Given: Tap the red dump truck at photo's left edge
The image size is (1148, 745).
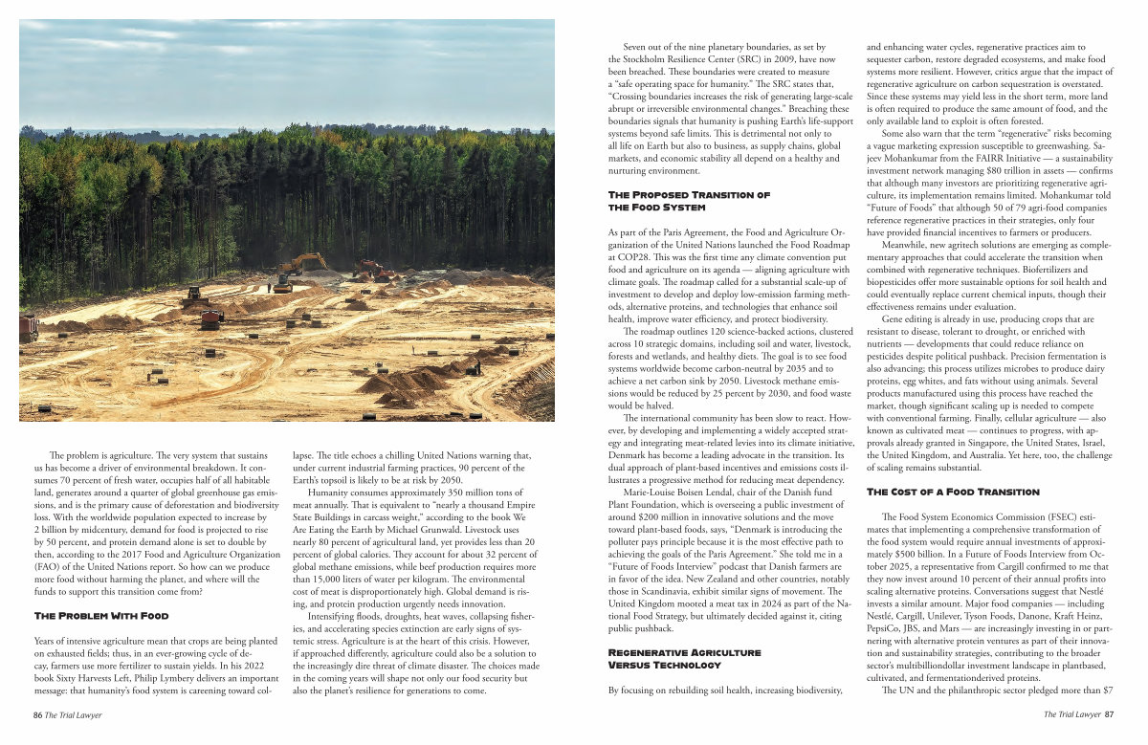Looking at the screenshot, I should [x=28, y=328].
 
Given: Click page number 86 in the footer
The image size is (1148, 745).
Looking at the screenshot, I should [x=37, y=714].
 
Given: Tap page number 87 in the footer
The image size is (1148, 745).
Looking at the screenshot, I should [x=1108, y=714].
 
